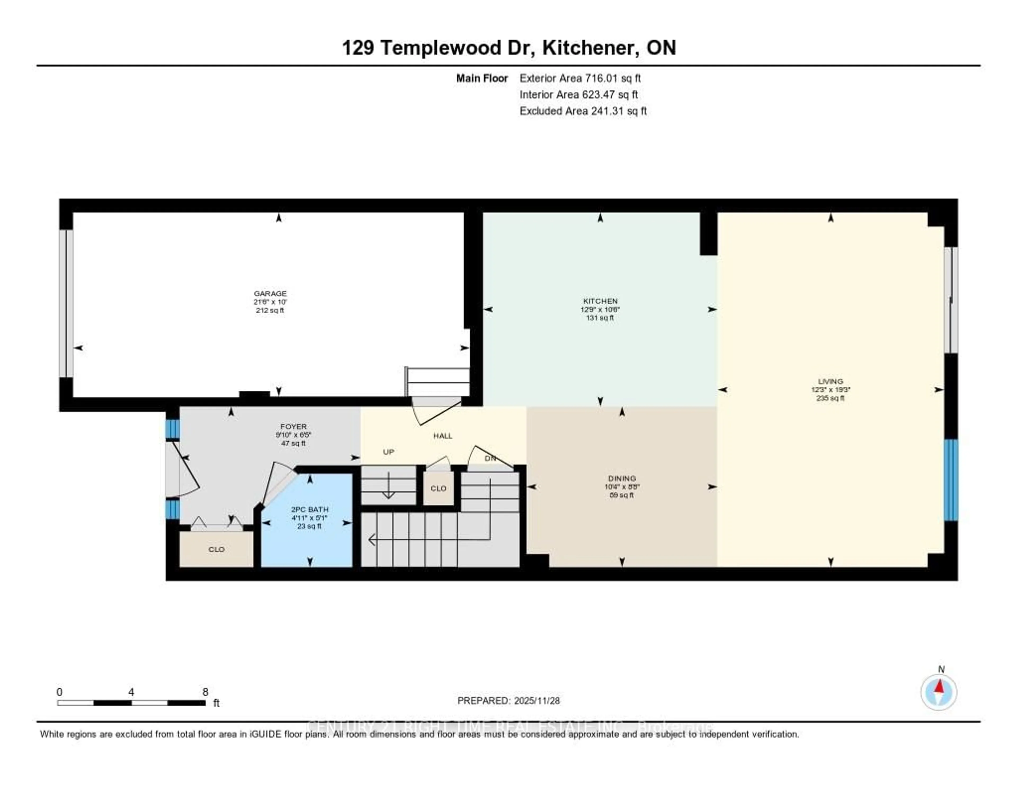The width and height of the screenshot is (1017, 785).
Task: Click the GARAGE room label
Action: [x=270, y=294]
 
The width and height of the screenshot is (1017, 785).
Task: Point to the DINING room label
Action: [x=622, y=478]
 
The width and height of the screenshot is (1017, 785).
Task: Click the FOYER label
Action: [x=293, y=426]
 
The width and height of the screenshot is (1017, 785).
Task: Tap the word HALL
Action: [x=442, y=436]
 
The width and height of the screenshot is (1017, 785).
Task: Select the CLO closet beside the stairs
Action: [x=438, y=488]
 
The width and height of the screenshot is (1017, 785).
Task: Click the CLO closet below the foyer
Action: [x=217, y=549]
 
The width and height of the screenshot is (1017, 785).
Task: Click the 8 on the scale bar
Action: [x=205, y=692]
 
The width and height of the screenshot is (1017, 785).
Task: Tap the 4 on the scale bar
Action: [x=131, y=692]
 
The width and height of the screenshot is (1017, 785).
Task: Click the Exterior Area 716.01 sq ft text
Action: [x=580, y=78]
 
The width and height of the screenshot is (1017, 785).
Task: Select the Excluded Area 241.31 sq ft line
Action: [x=583, y=111]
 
